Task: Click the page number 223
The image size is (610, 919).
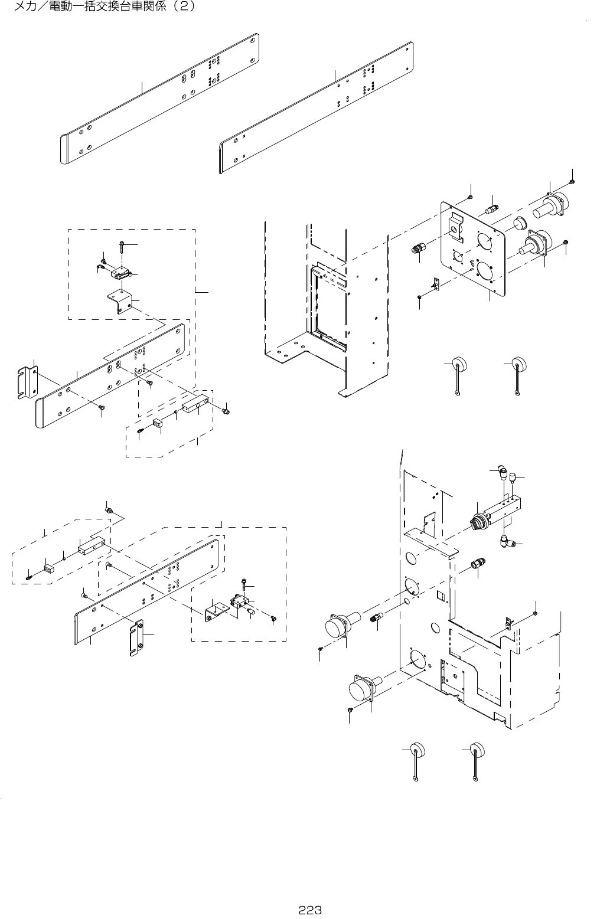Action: (x=309, y=910)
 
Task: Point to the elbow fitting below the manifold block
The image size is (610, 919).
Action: (x=505, y=538)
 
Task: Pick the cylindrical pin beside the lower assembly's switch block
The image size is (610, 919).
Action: (x=251, y=611)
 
